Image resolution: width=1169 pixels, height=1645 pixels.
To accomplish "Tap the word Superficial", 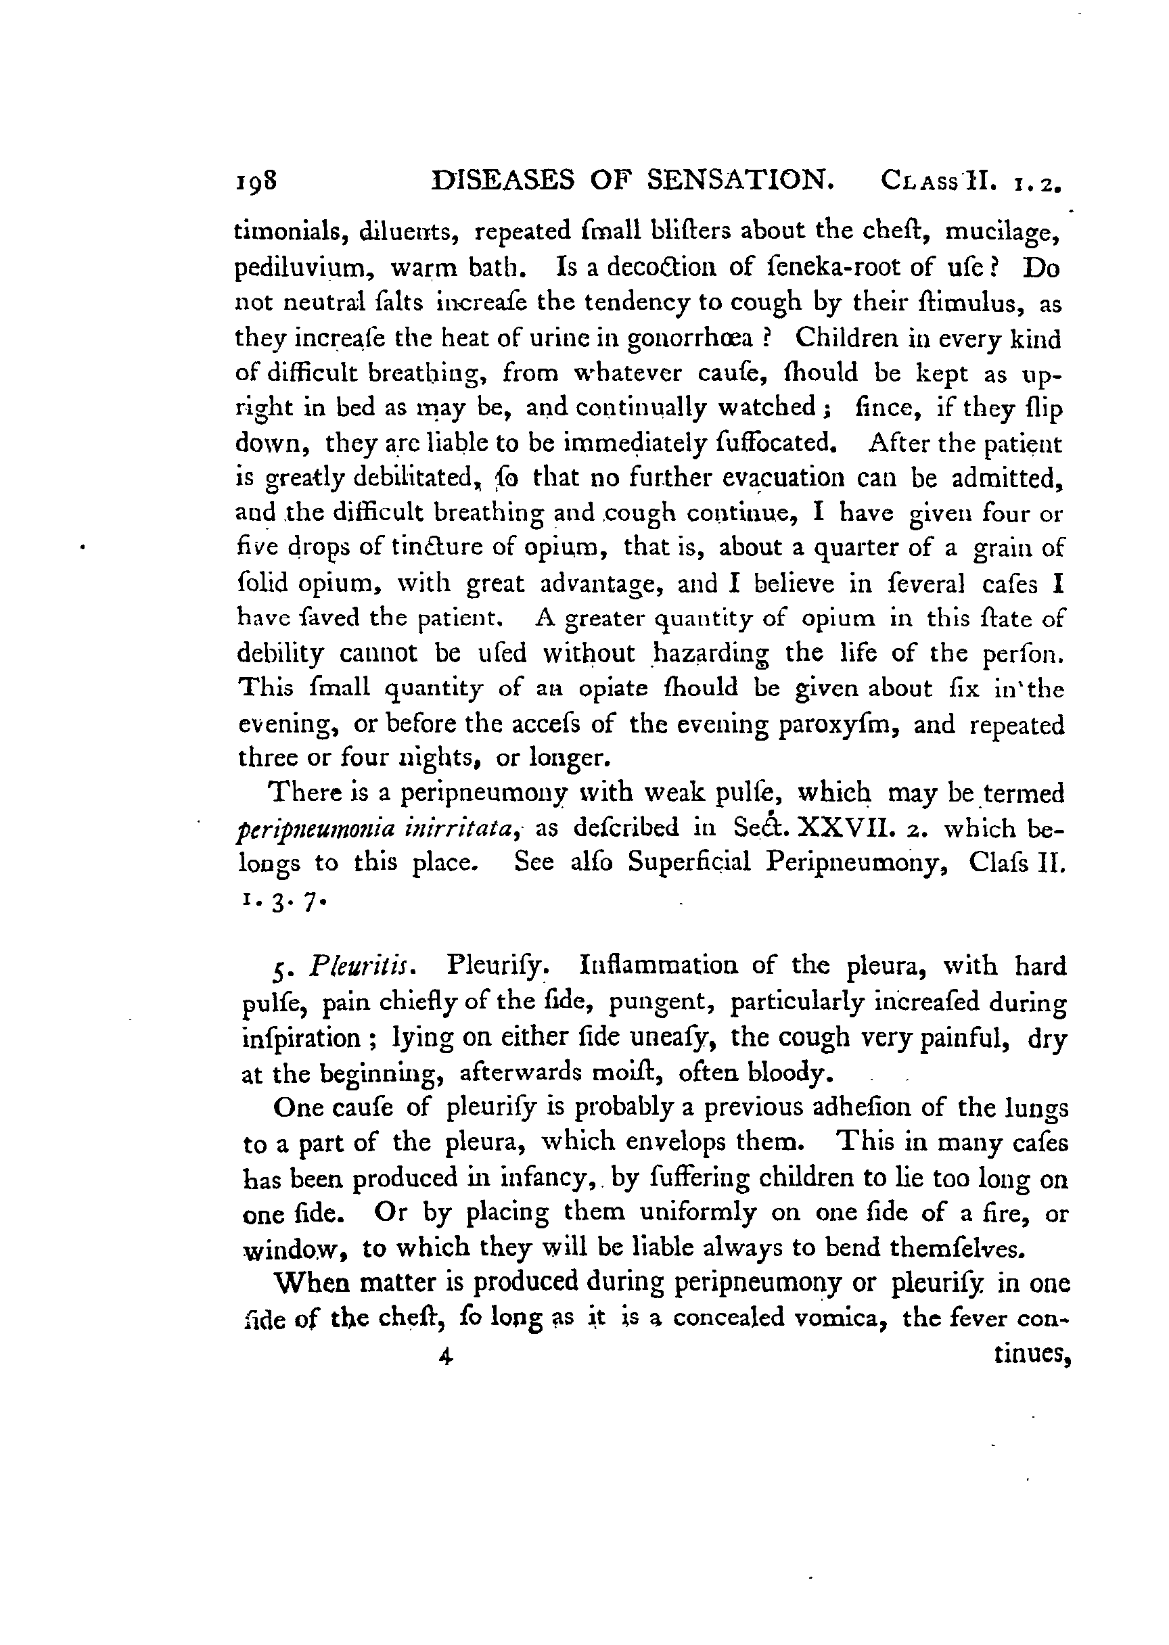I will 689,863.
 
